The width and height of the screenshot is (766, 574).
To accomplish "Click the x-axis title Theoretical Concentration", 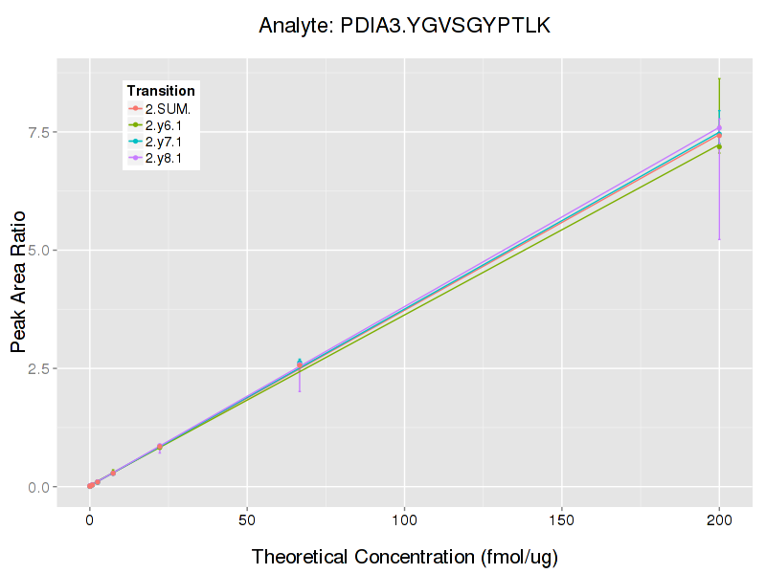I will coord(404,557).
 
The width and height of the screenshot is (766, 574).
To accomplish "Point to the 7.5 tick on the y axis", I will coord(38,131).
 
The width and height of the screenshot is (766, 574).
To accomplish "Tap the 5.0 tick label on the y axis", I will coord(38,250).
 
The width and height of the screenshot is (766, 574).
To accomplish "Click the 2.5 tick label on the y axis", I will coord(38,368).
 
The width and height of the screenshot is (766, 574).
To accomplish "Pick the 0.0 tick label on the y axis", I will coord(38,487).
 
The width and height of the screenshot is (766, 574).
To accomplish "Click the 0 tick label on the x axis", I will coord(90,521).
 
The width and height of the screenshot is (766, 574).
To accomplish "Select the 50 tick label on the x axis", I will coord(247,521).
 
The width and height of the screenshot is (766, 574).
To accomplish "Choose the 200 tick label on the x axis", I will coord(719,521).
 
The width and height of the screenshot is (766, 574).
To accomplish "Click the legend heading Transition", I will coord(161,91).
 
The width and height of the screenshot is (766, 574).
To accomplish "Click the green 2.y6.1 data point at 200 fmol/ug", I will coord(719,145).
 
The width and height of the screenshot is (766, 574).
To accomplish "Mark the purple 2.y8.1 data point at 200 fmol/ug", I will coord(719,127).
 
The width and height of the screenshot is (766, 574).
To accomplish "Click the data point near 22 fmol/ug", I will coord(160,447).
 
